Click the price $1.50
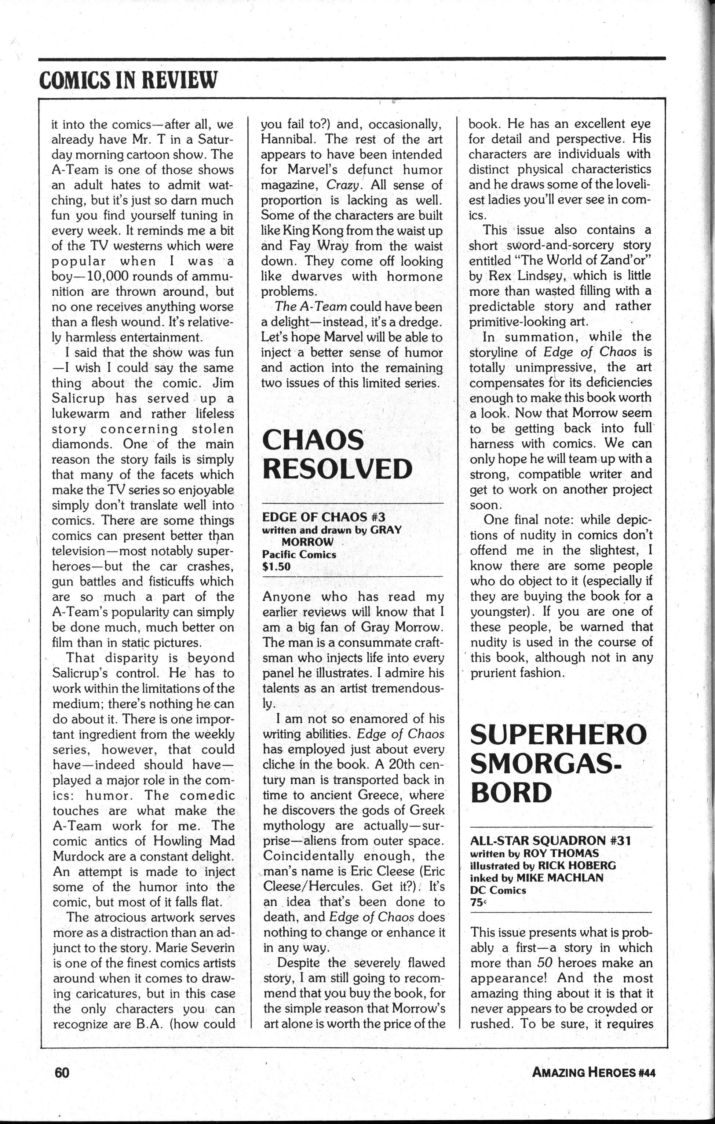[276, 567]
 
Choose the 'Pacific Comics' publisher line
[299, 555]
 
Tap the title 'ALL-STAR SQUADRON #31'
[550, 841]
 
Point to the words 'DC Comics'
[498, 890]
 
